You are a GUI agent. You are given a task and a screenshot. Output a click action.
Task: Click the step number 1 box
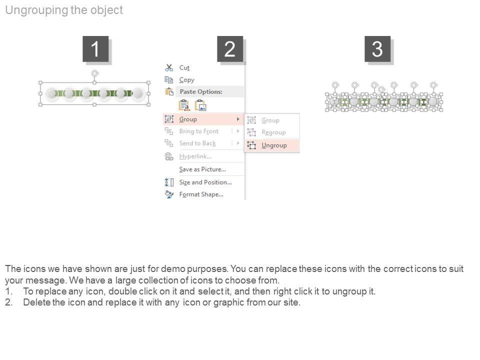[95, 49]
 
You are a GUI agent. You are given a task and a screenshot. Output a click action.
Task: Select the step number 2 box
[230, 49]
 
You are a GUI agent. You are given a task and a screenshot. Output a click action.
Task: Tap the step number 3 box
[377, 49]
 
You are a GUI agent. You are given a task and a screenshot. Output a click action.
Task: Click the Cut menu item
[184, 67]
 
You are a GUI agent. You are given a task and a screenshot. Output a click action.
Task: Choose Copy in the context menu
[186, 80]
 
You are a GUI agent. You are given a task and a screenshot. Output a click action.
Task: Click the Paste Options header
[201, 91]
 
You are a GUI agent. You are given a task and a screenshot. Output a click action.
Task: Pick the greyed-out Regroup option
[273, 132]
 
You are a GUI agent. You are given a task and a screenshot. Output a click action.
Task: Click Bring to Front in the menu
[199, 131]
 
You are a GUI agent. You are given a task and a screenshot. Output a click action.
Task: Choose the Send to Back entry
[197, 143]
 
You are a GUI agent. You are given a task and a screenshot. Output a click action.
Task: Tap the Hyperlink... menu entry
[195, 156]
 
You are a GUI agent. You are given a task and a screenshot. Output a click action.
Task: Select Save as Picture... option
[202, 169]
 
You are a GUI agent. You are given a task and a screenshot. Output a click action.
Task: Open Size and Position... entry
[205, 182]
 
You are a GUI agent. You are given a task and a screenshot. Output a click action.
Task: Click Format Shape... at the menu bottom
[201, 194]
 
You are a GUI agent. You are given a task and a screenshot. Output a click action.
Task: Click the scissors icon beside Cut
[169, 67]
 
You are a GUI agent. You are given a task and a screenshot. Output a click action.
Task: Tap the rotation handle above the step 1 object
[95, 73]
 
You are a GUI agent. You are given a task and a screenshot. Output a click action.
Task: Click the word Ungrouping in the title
[36, 10]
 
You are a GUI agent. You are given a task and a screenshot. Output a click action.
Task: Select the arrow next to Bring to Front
[238, 131]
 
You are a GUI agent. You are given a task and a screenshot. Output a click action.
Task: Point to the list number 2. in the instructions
[8, 302]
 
